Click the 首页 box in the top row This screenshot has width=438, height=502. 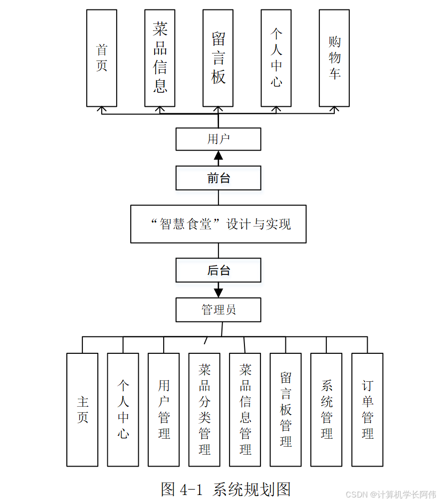(102, 58)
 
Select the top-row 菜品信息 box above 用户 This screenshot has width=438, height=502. (160, 58)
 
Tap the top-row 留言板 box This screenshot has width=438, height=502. (218, 58)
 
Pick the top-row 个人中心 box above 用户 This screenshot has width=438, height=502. (276, 58)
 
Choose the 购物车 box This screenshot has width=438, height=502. (334, 58)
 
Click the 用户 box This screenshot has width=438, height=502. (218, 139)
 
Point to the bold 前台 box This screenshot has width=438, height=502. (218, 178)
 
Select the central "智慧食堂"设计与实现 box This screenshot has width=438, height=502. (218, 224)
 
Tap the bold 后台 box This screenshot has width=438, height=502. (218, 270)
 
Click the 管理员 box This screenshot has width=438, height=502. (218, 310)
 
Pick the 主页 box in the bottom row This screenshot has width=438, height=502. (82, 410)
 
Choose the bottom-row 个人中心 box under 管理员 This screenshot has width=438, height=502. (123, 410)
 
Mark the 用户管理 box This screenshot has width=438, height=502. (164, 410)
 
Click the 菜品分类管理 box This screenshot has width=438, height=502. (205, 410)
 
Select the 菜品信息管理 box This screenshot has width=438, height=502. (245, 410)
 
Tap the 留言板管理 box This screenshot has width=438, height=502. (286, 410)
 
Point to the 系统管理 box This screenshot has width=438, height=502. (326, 410)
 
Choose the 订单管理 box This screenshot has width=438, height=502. (368, 410)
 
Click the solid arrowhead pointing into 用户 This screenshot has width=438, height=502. (218, 156)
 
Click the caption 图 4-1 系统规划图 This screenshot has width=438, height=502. (225, 489)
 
